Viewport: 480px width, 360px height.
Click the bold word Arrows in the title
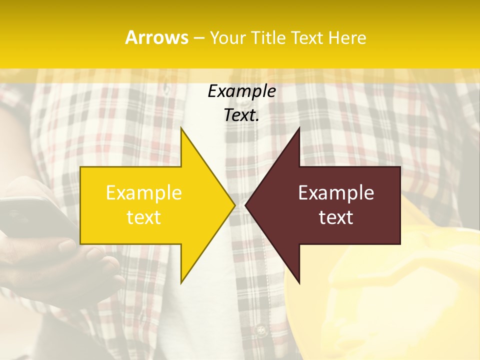pos(156,37)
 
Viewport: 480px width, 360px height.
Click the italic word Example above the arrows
pos(241,91)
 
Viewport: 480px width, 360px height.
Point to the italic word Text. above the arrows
pos(241,115)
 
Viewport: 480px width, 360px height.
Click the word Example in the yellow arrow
pos(144,193)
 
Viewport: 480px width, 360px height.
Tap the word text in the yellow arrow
pos(144,217)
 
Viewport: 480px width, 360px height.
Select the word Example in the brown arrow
pos(336,193)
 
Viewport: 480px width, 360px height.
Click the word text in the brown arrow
pos(336,217)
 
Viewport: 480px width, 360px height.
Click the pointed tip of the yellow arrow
pos(234,205)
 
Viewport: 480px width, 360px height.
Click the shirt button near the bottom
pos(259,330)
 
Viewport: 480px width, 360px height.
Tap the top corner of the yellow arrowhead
pos(181,128)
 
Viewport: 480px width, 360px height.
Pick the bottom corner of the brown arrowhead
pos(299,282)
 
